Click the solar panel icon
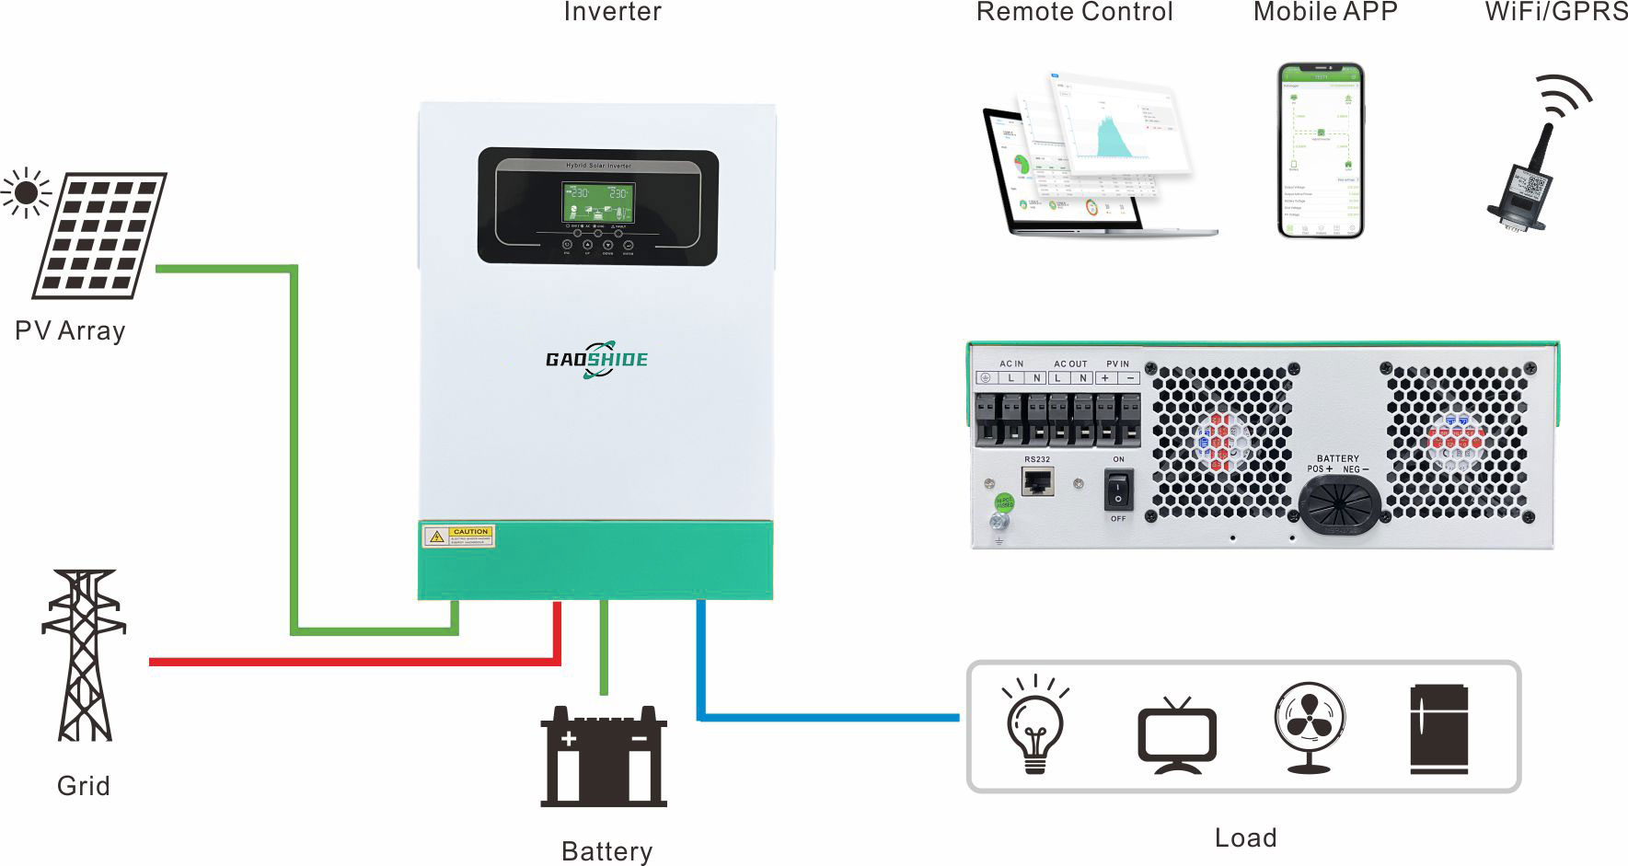point(99,235)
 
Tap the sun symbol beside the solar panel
point(26,193)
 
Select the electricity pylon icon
point(84,655)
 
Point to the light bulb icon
point(1036,726)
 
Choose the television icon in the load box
point(1177,736)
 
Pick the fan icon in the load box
point(1310,727)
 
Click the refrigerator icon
point(1438,729)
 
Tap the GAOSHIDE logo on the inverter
point(596,359)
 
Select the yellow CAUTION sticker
point(458,536)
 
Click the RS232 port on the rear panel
point(1038,481)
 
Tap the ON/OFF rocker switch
point(1118,489)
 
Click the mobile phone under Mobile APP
point(1321,151)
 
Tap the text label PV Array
point(70,331)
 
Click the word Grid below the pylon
point(83,786)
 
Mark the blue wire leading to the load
point(828,716)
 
